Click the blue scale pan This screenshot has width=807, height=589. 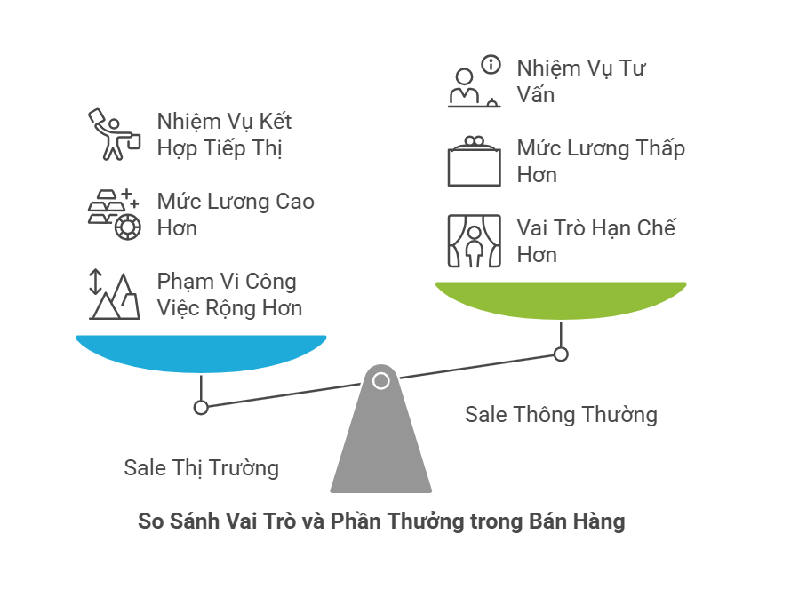pos(201,353)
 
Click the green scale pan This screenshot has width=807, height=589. pos(560,300)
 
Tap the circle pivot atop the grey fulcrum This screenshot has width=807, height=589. pos(380,381)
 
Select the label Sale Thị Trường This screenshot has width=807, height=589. pos(201,467)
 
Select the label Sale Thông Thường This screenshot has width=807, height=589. pos(561,414)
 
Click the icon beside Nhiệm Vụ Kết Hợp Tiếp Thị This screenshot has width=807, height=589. pos(113,134)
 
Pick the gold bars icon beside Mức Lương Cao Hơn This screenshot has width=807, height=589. pos(113,214)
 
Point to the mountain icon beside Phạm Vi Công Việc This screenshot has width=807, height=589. pos(113,295)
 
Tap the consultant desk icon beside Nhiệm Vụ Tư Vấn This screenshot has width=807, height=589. pos(473,82)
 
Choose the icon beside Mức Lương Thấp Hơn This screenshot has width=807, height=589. pos(473,161)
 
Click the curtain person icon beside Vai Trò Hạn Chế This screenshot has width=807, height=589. pos(473,241)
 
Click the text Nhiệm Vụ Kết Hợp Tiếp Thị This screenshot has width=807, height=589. pos(223,134)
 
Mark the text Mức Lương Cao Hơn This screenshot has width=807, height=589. pos(235,214)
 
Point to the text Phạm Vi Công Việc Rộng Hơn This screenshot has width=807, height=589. pos(228,295)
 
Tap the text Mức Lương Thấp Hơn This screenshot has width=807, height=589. pos(600,161)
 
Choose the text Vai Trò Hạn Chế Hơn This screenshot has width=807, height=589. pos(595,241)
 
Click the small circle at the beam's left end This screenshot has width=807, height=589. pos(201,407)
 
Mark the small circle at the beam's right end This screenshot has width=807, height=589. pos(560,354)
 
